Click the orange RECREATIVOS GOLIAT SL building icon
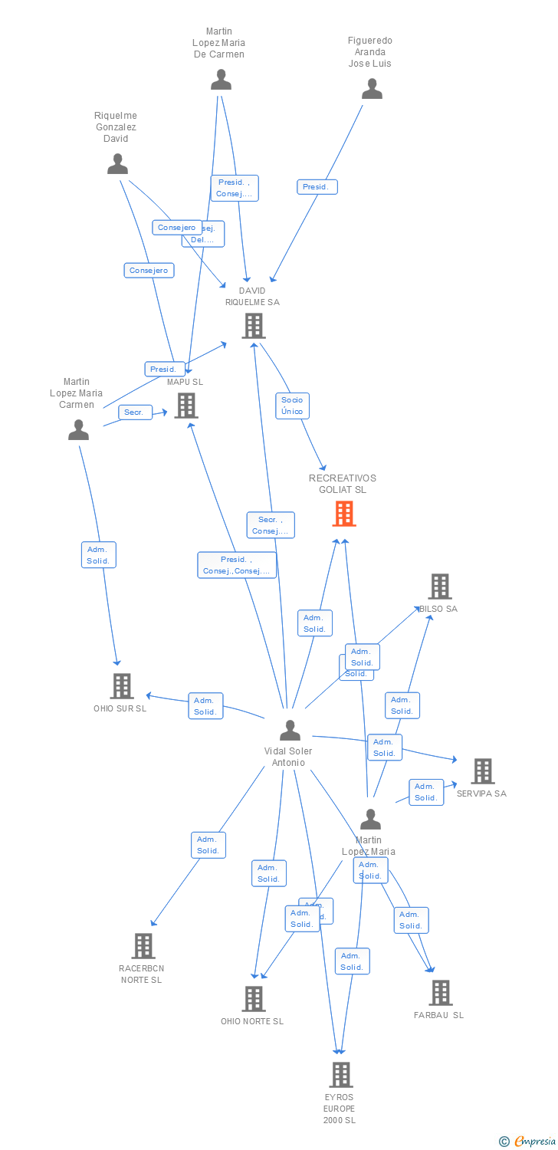(x=344, y=514)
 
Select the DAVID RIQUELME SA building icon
(x=253, y=326)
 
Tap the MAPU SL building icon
(x=186, y=406)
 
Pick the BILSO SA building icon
(x=439, y=586)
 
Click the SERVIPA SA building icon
(x=482, y=771)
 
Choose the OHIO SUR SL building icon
(x=121, y=686)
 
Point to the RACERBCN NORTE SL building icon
(x=143, y=946)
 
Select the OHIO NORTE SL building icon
(x=254, y=999)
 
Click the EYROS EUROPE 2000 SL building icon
(x=341, y=1075)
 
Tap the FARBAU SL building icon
(x=440, y=993)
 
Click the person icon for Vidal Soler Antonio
(x=290, y=731)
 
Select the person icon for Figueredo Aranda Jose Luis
(x=372, y=90)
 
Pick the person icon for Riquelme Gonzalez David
(x=117, y=164)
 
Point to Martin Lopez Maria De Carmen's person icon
(x=221, y=80)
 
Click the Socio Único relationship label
(x=292, y=406)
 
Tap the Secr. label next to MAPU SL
(x=134, y=412)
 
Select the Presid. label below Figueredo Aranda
(x=317, y=187)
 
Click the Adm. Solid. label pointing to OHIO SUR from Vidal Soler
(x=205, y=706)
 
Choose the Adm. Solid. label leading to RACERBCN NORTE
(x=208, y=845)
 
